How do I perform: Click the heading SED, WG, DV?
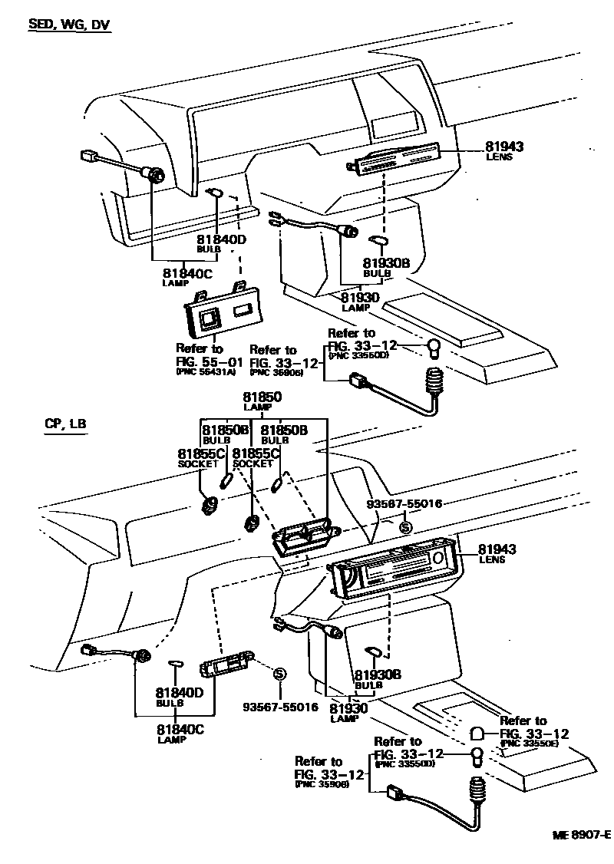click(x=69, y=25)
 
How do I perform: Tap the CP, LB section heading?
click(x=65, y=424)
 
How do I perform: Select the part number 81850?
click(x=262, y=397)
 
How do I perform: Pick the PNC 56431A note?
click(x=206, y=371)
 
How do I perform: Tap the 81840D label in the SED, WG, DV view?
click(x=221, y=239)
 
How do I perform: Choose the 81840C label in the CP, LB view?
click(x=180, y=729)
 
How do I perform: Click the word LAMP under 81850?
click(x=262, y=408)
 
